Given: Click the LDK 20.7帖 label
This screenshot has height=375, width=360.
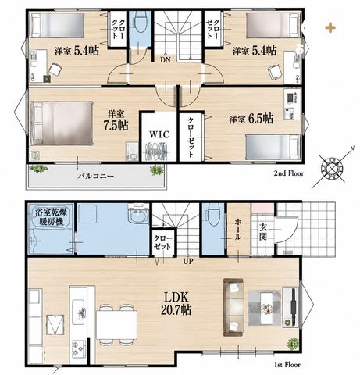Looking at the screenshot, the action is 176,303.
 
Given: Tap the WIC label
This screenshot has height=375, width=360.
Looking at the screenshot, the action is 159,134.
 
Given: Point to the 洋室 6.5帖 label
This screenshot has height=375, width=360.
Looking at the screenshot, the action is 251,119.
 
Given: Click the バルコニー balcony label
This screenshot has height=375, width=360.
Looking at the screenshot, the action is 96,177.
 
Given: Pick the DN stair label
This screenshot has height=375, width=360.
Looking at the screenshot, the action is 166,60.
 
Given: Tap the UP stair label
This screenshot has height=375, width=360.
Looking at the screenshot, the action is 188,261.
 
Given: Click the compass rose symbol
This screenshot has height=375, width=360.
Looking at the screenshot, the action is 332,168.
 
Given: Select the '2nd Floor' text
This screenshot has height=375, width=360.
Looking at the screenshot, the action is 289,173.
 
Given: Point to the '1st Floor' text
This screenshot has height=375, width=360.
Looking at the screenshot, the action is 287,365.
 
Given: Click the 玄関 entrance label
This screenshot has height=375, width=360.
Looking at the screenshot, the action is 263,232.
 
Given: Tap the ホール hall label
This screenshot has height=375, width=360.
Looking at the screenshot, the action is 238,229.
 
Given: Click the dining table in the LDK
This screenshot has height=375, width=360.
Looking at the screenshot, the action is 116,325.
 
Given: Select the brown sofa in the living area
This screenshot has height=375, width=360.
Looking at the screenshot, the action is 233,308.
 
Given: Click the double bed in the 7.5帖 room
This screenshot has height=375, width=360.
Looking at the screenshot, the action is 62,123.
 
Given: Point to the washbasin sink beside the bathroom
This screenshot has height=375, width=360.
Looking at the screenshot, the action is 138,213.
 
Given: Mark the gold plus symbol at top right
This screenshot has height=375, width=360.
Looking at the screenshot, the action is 330,28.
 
